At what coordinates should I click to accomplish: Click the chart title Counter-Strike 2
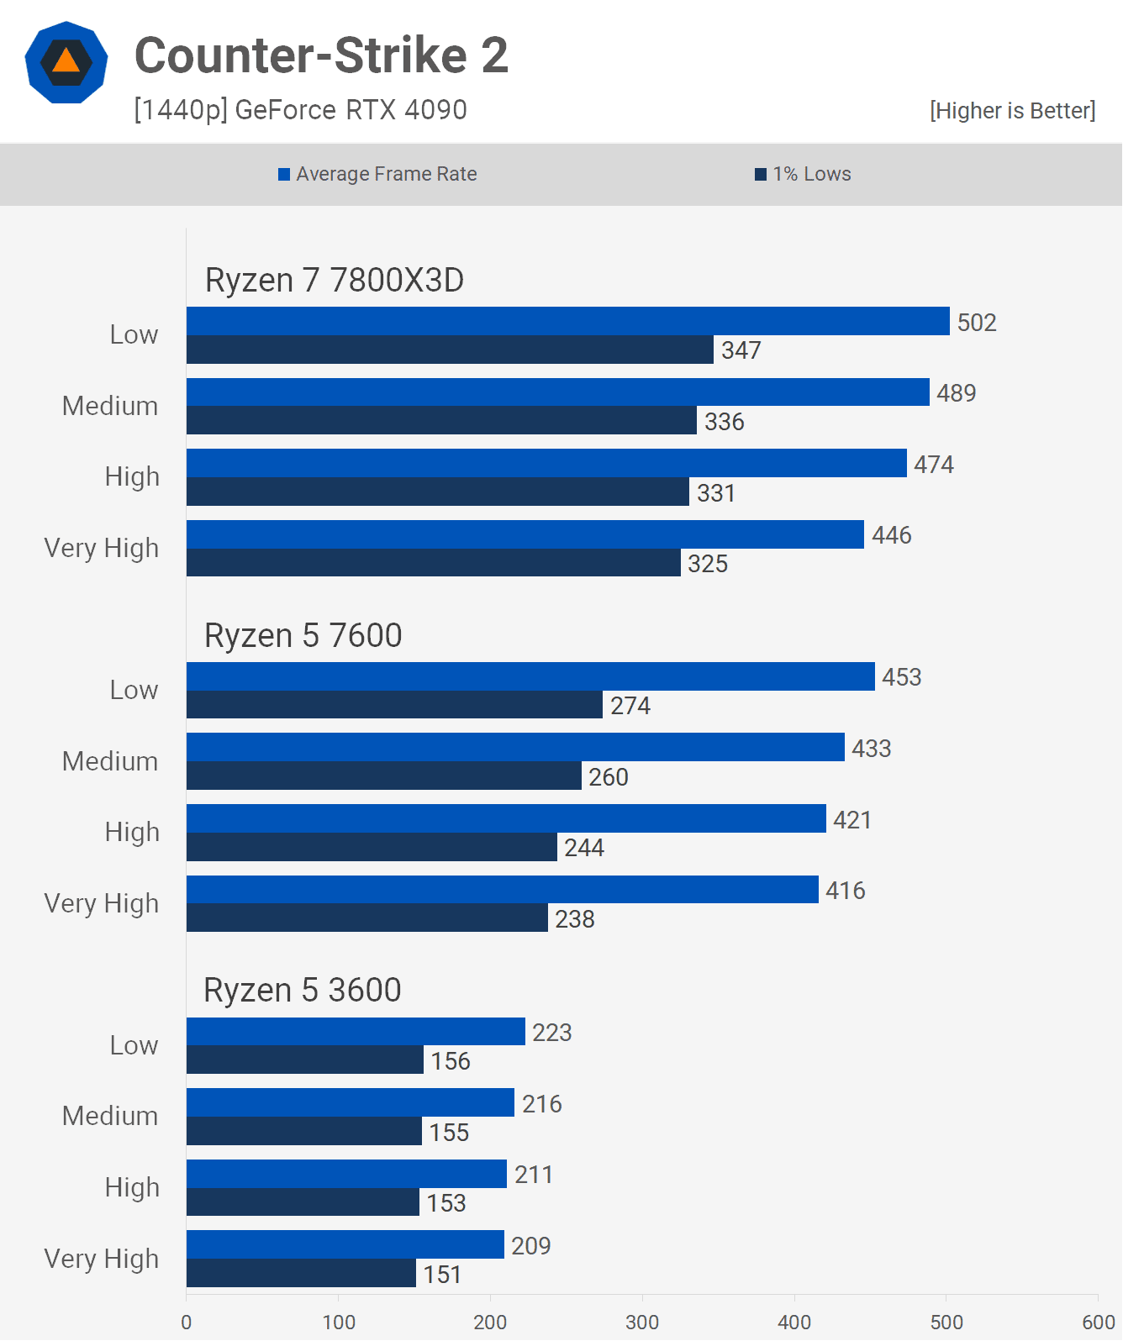pyautogui.click(x=321, y=55)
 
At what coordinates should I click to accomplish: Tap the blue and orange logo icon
pyautogui.click(x=66, y=62)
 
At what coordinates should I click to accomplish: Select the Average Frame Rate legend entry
pyautogui.click(x=377, y=174)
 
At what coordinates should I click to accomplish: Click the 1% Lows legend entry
pyautogui.click(x=803, y=174)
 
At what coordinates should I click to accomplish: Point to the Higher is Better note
pyautogui.click(x=1012, y=110)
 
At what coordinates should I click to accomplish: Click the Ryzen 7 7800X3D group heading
pyautogui.click(x=335, y=280)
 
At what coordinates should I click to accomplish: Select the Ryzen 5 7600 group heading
pyautogui.click(x=303, y=635)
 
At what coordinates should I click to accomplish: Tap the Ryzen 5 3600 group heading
pyautogui.click(x=303, y=990)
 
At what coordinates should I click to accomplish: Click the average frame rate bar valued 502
pyautogui.click(x=567, y=321)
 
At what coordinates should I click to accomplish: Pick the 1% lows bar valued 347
pyautogui.click(x=450, y=350)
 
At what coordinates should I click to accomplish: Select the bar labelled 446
pyautogui.click(x=525, y=534)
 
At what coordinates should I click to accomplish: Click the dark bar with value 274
pyautogui.click(x=394, y=705)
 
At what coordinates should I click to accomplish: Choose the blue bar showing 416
pyautogui.click(x=502, y=890)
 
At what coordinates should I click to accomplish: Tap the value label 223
pyautogui.click(x=552, y=1032)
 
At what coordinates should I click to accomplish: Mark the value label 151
pyautogui.click(x=442, y=1274)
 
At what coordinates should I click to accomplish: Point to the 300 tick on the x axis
pyautogui.click(x=642, y=1322)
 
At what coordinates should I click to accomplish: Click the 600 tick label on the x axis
pyautogui.click(x=1098, y=1322)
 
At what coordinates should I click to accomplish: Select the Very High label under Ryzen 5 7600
pyautogui.click(x=102, y=903)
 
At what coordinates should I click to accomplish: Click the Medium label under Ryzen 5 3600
pyautogui.click(x=110, y=1116)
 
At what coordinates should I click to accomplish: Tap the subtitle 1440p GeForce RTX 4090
pyautogui.click(x=300, y=110)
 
